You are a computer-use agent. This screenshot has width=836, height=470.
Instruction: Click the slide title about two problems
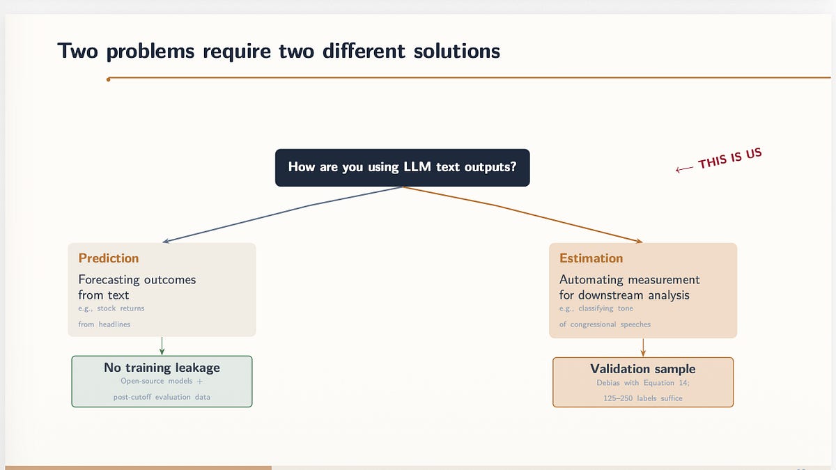click(279, 51)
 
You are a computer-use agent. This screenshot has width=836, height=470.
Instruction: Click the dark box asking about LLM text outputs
click(402, 167)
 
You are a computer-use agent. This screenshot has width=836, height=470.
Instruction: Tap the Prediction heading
click(109, 258)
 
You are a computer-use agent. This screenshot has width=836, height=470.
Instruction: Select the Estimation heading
click(591, 258)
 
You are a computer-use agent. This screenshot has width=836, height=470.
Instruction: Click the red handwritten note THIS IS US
click(729, 158)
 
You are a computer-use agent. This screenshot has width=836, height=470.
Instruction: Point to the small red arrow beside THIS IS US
click(684, 168)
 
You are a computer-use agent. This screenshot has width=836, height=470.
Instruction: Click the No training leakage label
click(162, 368)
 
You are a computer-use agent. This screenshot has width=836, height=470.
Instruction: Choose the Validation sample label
click(642, 369)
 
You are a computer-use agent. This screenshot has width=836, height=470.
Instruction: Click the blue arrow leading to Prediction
click(279, 214)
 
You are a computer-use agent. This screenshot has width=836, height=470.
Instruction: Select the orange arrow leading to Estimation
click(529, 214)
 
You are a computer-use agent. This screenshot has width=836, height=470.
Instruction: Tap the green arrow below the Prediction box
click(162, 346)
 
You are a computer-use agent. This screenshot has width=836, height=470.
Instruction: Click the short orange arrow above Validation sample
click(642, 347)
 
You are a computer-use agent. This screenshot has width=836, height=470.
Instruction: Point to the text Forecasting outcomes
click(137, 280)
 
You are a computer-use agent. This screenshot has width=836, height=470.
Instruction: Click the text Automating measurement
click(629, 280)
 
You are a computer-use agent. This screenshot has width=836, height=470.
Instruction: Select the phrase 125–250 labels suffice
click(642, 398)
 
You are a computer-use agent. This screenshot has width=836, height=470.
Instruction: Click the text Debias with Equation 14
click(642, 383)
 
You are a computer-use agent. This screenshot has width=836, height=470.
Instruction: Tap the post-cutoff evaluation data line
click(162, 397)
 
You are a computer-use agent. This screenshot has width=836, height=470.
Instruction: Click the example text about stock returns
click(111, 308)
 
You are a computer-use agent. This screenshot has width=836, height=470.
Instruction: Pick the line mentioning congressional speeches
click(605, 324)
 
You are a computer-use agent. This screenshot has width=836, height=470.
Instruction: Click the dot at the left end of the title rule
click(108, 79)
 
